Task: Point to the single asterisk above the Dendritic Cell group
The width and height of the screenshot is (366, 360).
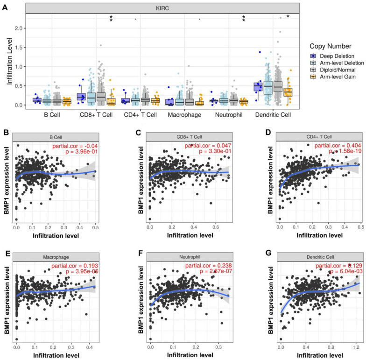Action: [288, 16]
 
